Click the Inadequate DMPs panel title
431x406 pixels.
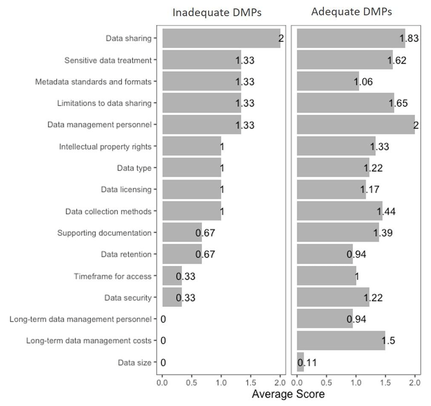click(x=217, y=13)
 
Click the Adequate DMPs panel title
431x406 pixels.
click(x=351, y=12)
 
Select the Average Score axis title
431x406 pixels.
click(x=288, y=394)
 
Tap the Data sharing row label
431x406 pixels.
click(x=129, y=38)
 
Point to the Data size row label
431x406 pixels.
click(x=135, y=362)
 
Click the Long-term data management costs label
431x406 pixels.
click(x=89, y=341)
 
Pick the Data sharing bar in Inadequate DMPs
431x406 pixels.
click(x=221, y=38)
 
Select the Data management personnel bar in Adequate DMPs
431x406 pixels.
click(x=356, y=125)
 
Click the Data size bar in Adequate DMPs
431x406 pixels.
click(x=300, y=362)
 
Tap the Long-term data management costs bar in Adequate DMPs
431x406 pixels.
click(x=341, y=341)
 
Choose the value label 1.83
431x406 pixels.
click(x=409, y=38)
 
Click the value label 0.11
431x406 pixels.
click(x=307, y=362)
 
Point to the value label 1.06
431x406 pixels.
click(x=363, y=82)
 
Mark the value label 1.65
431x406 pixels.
click(x=398, y=104)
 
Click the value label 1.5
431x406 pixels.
click(x=388, y=341)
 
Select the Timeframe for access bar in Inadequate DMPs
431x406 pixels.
click(x=172, y=276)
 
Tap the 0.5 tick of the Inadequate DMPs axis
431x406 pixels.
click(x=191, y=383)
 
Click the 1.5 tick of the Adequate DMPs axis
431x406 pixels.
click(x=385, y=383)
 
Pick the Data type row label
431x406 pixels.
click(x=134, y=168)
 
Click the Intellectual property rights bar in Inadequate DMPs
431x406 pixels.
click(x=192, y=146)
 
